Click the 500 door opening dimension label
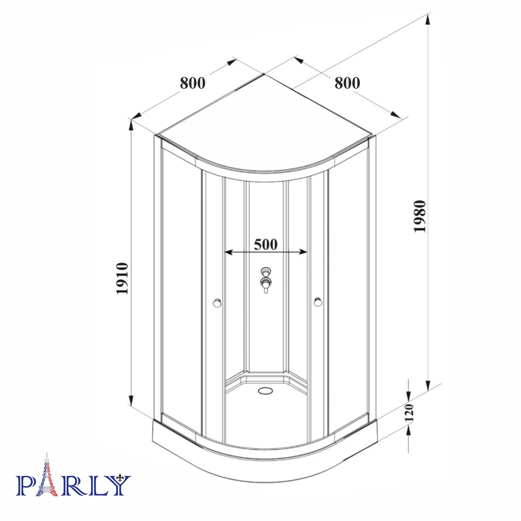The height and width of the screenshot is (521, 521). click(265, 244)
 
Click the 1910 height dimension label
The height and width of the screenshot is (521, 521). click(123, 279)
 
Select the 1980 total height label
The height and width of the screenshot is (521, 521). click(420, 216)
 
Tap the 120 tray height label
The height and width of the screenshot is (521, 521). click(409, 413)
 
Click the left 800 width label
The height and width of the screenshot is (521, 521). click(193, 83)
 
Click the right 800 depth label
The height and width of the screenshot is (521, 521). click(347, 83)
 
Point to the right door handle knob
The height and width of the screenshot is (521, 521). click(318, 302)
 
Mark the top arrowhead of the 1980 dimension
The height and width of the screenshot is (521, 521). click(428, 18)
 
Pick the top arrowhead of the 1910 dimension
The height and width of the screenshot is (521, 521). click(131, 125)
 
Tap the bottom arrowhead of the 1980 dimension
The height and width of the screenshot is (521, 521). click(428, 385)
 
